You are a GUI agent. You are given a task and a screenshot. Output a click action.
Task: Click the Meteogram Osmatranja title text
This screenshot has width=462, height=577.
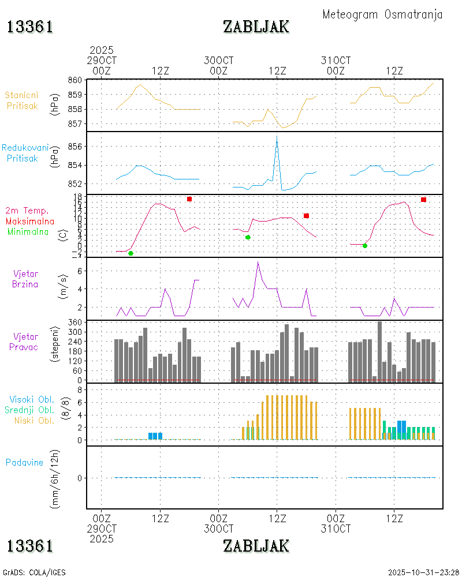tap(382, 14)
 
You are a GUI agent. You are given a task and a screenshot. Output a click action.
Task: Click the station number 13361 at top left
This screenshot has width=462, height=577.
tap(30, 27)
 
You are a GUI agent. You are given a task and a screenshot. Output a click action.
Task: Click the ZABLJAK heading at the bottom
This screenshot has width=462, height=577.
tap(256, 545)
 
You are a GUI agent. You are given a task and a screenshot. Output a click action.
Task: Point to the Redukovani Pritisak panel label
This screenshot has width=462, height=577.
tap(25, 152)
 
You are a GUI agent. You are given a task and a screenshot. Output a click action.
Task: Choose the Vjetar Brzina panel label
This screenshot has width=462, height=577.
tap(26, 278)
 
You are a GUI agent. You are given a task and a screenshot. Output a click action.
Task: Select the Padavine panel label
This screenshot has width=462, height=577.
tap(24, 462)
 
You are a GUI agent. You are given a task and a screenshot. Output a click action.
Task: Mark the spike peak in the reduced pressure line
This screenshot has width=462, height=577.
tap(277, 137)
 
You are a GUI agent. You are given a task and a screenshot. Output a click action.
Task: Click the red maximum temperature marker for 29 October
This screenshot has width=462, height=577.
tap(189, 199)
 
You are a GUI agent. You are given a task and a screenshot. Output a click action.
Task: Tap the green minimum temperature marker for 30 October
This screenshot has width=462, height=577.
tap(248, 237)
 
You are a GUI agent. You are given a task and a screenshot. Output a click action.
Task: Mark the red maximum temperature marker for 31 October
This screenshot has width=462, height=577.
tap(423, 200)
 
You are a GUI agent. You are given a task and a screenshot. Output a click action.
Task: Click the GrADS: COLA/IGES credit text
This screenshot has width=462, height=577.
tap(34, 572)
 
